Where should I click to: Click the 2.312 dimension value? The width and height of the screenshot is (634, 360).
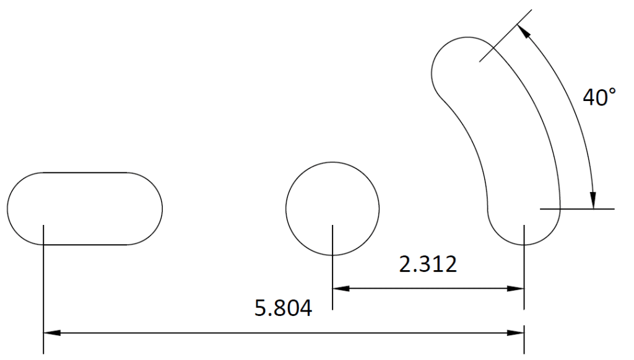click(x=428, y=265)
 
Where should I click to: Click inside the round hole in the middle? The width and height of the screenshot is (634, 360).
click(x=332, y=208)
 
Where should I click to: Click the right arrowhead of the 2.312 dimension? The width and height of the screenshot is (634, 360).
click(x=516, y=288)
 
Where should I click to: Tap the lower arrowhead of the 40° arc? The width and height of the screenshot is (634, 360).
click(x=593, y=200)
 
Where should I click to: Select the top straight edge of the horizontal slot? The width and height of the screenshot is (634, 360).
click(x=85, y=172)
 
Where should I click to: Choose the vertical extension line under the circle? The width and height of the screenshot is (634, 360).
click(x=332, y=273)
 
